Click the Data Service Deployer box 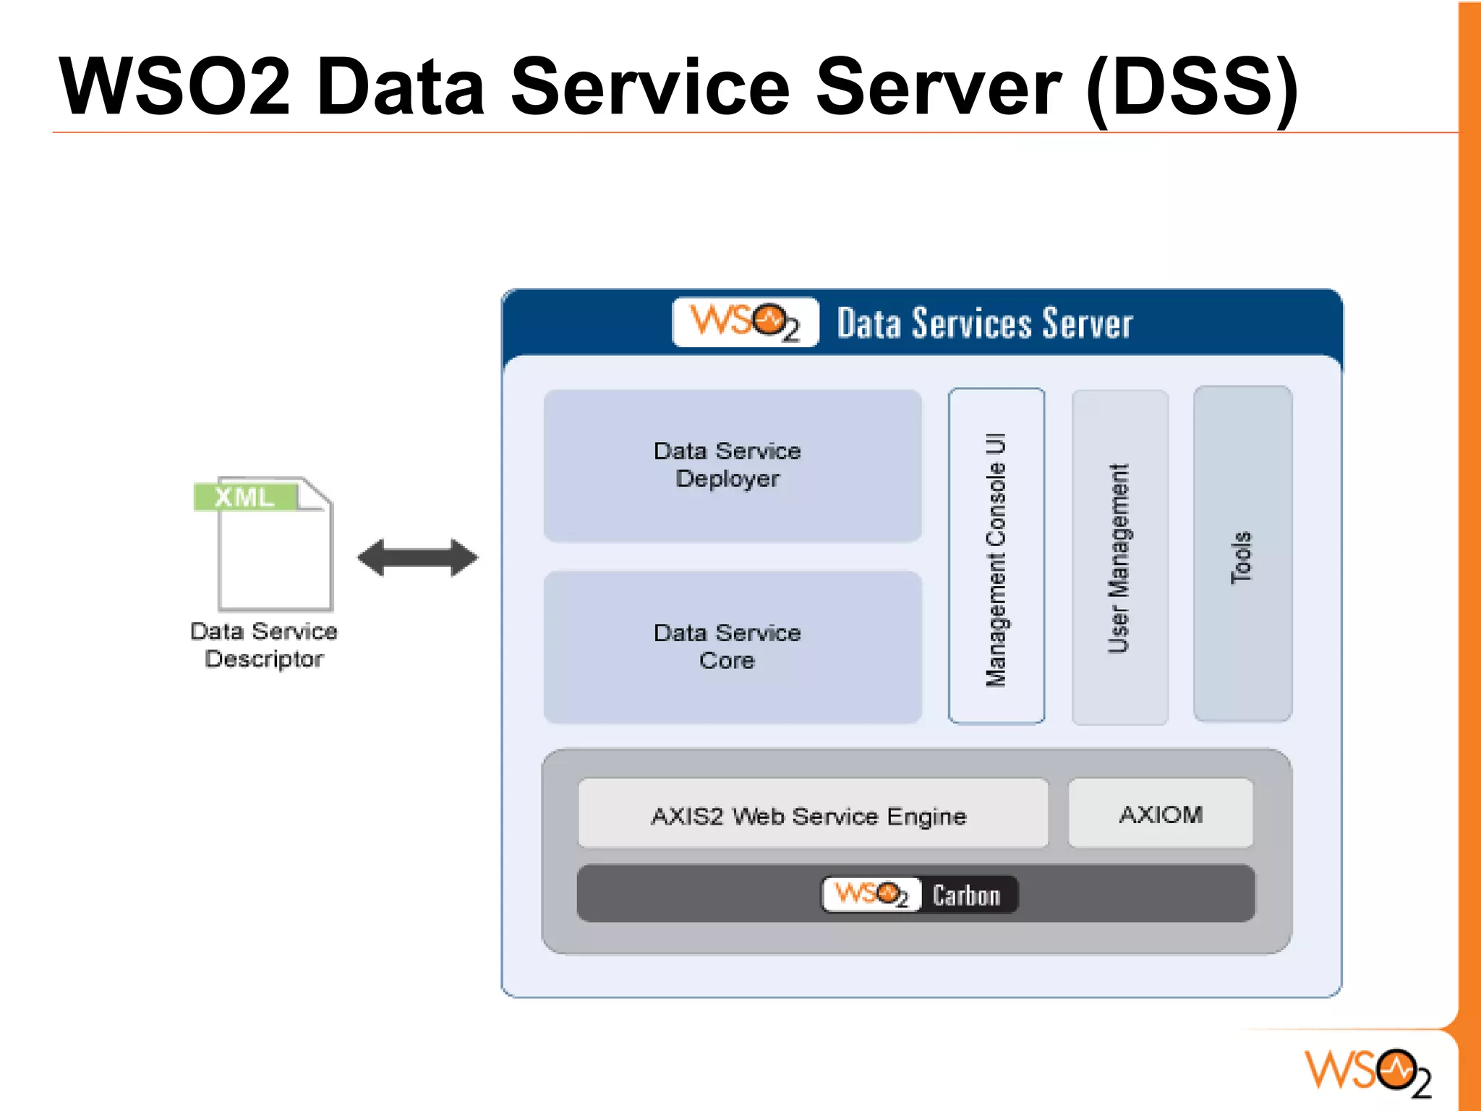click(x=732, y=465)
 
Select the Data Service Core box click(x=732, y=647)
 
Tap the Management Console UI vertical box click(x=996, y=556)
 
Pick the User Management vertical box click(x=1119, y=558)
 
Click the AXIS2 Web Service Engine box click(x=812, y=814)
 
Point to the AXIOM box click(x=1160, y=813)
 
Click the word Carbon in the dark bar click(x=966, y=895)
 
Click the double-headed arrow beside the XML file click(x=418, y=558)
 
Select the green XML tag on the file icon click(x=245, y=497)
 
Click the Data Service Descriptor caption click(x=264, y=644)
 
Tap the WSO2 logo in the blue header click(x=745, y=322)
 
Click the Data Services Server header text click(x=984, y=323)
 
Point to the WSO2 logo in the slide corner click(x=1367, y=1071)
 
